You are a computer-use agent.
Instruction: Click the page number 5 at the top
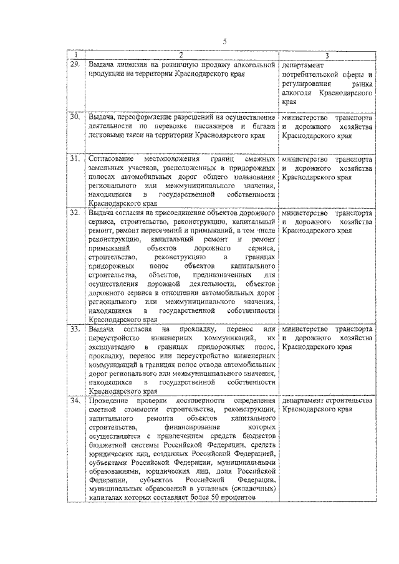225,42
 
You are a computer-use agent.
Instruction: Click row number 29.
75,64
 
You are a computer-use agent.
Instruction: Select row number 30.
75,117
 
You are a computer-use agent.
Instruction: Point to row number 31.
75,159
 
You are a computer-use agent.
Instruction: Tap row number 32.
75,213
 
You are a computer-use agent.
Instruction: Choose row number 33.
75,328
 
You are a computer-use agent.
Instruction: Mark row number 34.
75,400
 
